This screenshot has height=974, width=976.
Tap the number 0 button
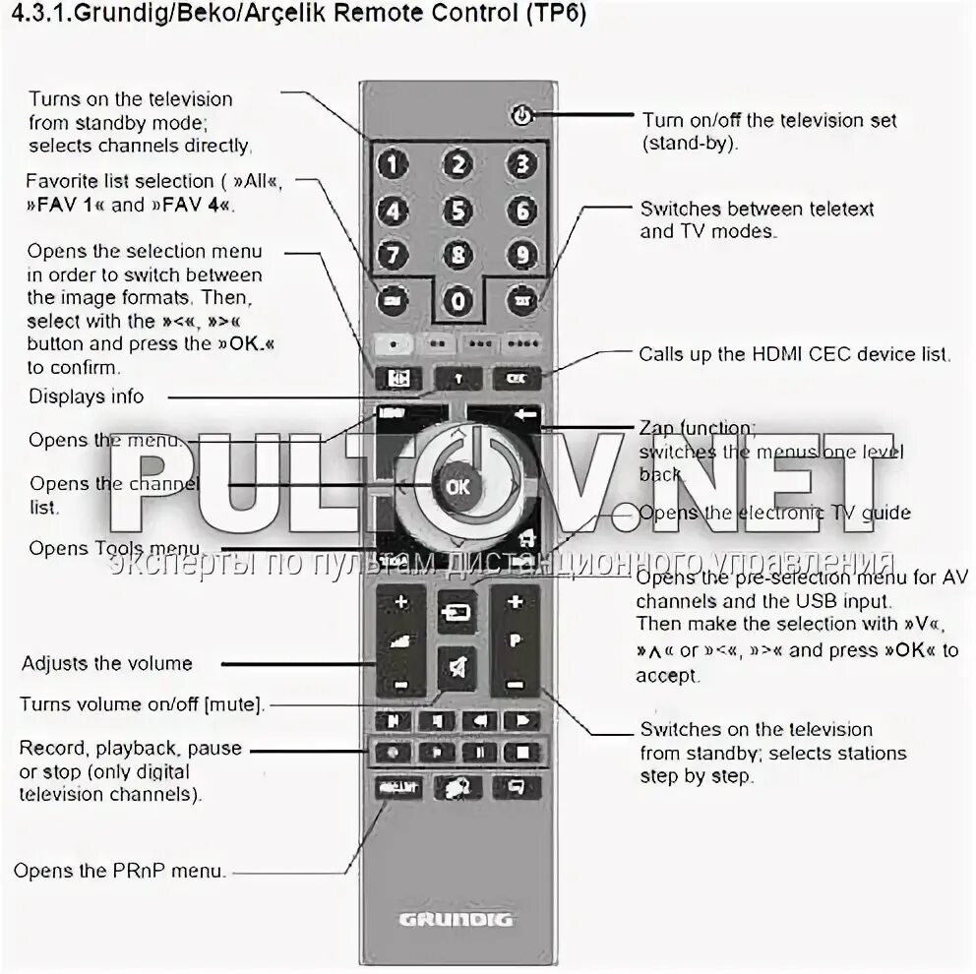pos(457,301)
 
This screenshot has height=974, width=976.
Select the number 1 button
pos(393,164)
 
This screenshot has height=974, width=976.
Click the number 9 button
pos(522,255)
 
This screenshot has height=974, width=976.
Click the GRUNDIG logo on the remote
pos(457,920)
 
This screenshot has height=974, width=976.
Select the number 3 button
pos(522,164)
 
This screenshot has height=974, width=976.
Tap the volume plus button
pos(400,601)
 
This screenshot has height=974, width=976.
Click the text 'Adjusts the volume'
pos(107,663)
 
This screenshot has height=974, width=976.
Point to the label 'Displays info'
pos(86,396)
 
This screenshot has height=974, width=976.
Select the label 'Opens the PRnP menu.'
pos(120,871)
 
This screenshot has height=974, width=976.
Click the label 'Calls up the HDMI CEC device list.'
pos(795,354)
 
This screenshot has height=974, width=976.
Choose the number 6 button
pos(522,210)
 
